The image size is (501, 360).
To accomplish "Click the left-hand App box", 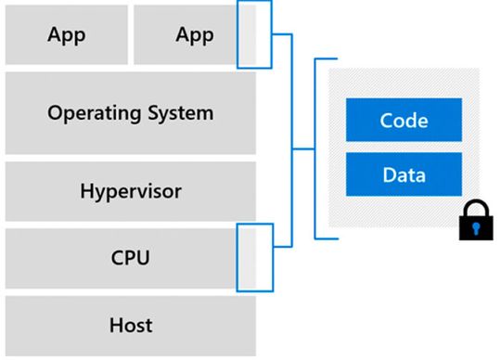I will coord(66,36).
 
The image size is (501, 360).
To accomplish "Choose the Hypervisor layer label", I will coord(130,192).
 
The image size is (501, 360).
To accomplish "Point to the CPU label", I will coord(130,257).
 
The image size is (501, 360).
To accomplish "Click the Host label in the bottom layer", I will coord(130,326).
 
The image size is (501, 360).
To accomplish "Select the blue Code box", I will coord(404,121).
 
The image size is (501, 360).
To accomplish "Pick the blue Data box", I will coord(404,174).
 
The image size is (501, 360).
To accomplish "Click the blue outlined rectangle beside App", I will coord(255,34).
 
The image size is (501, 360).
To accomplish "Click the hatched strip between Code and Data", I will coord(404,147).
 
